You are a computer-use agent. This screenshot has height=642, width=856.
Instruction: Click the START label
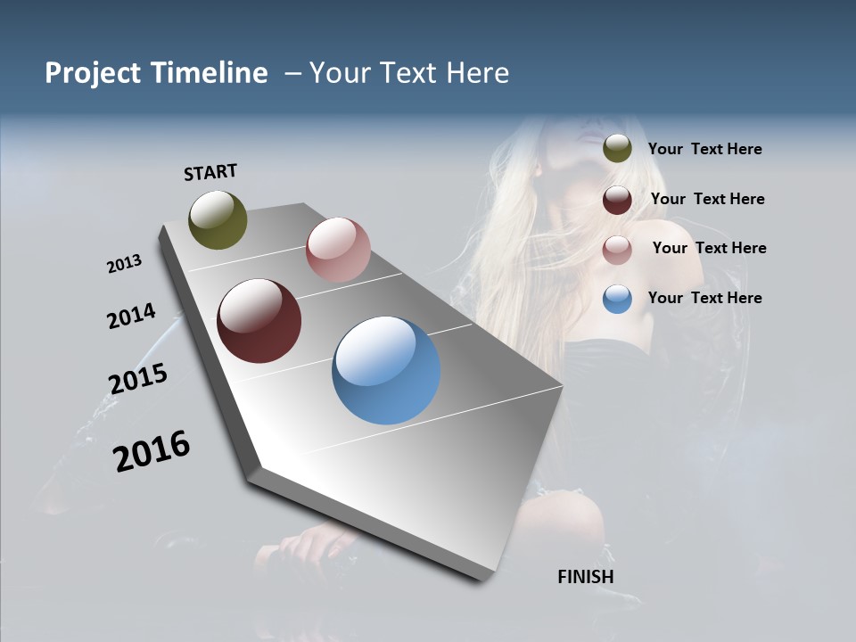point(210,172)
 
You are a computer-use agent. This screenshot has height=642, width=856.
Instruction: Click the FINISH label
point(585,577)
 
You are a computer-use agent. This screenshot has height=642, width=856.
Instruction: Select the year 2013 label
point(124,264)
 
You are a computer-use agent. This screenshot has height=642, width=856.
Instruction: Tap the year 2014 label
point(131,317)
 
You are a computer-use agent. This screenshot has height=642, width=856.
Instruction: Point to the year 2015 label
point(137,379)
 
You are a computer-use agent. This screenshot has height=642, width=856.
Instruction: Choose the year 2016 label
point(152,451)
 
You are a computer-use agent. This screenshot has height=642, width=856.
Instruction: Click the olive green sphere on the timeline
point(218,219)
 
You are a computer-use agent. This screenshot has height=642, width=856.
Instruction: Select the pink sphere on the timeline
point(338,250)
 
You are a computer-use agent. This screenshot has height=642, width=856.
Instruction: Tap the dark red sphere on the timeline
point(259,321)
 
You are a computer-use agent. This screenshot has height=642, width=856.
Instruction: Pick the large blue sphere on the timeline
point(386,370)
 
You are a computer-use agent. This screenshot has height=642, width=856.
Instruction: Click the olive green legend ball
point(617,148)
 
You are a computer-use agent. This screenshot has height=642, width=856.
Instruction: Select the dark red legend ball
point(617,200)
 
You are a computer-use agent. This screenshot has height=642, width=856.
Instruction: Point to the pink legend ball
point(617,250)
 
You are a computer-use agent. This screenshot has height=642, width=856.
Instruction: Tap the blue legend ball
point(617,299)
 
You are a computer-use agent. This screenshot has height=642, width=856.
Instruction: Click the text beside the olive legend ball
point(704,150)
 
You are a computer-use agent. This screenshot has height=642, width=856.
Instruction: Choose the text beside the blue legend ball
point(704,298)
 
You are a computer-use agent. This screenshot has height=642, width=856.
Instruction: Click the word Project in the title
point(92,73)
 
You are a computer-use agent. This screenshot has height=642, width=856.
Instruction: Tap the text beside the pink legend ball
point(709,248)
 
